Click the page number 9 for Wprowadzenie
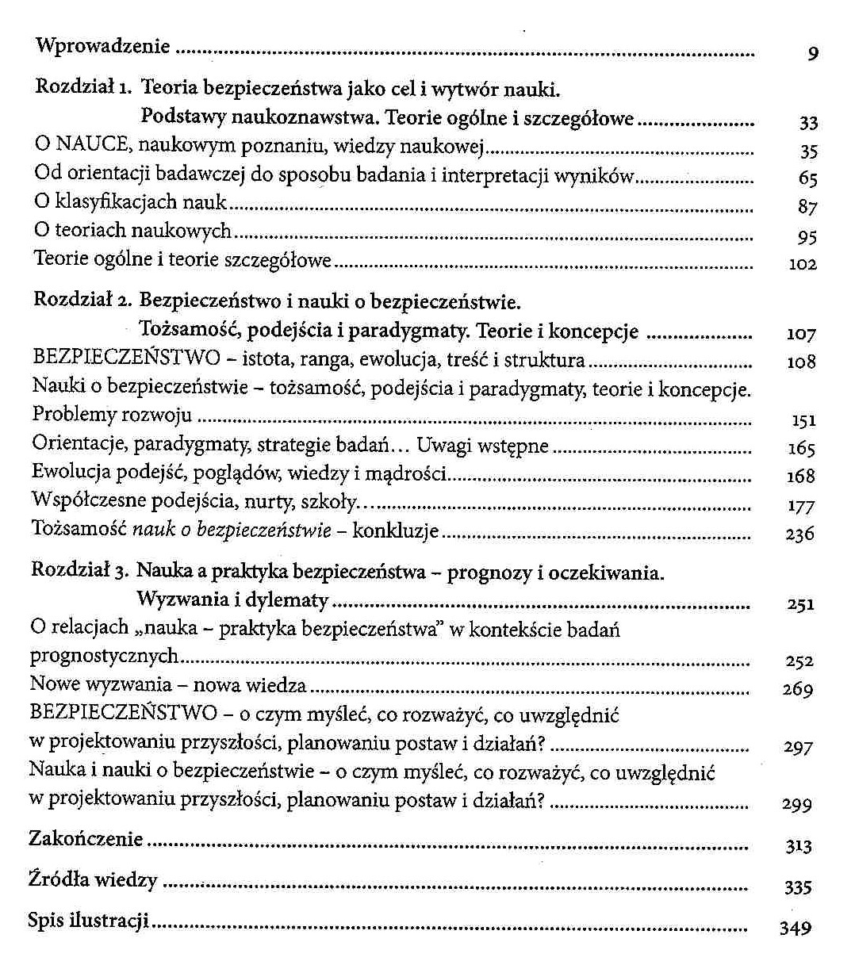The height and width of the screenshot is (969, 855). (x=813, y=54)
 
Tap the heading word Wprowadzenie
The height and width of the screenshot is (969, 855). (x=103, y=45)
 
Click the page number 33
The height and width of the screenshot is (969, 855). (x=808, y=123)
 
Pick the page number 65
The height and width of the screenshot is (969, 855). (x=808, y=179)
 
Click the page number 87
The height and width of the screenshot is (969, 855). (x=808, y=208)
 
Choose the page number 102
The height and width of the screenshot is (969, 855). (x=803, y=264)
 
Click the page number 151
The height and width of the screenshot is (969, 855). (x=803, y=420)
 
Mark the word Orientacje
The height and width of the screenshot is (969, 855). (x=79, y=445)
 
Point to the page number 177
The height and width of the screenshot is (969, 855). (x=801, y=506)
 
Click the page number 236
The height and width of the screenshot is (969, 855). (x=800, y=534)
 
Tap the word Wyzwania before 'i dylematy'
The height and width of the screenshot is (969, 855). (x=180, y=600)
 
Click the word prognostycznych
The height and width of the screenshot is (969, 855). (x=104, y=657)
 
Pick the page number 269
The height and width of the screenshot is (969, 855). (x=798, y=689)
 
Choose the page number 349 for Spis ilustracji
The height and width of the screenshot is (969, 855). (x=796, y=928)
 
